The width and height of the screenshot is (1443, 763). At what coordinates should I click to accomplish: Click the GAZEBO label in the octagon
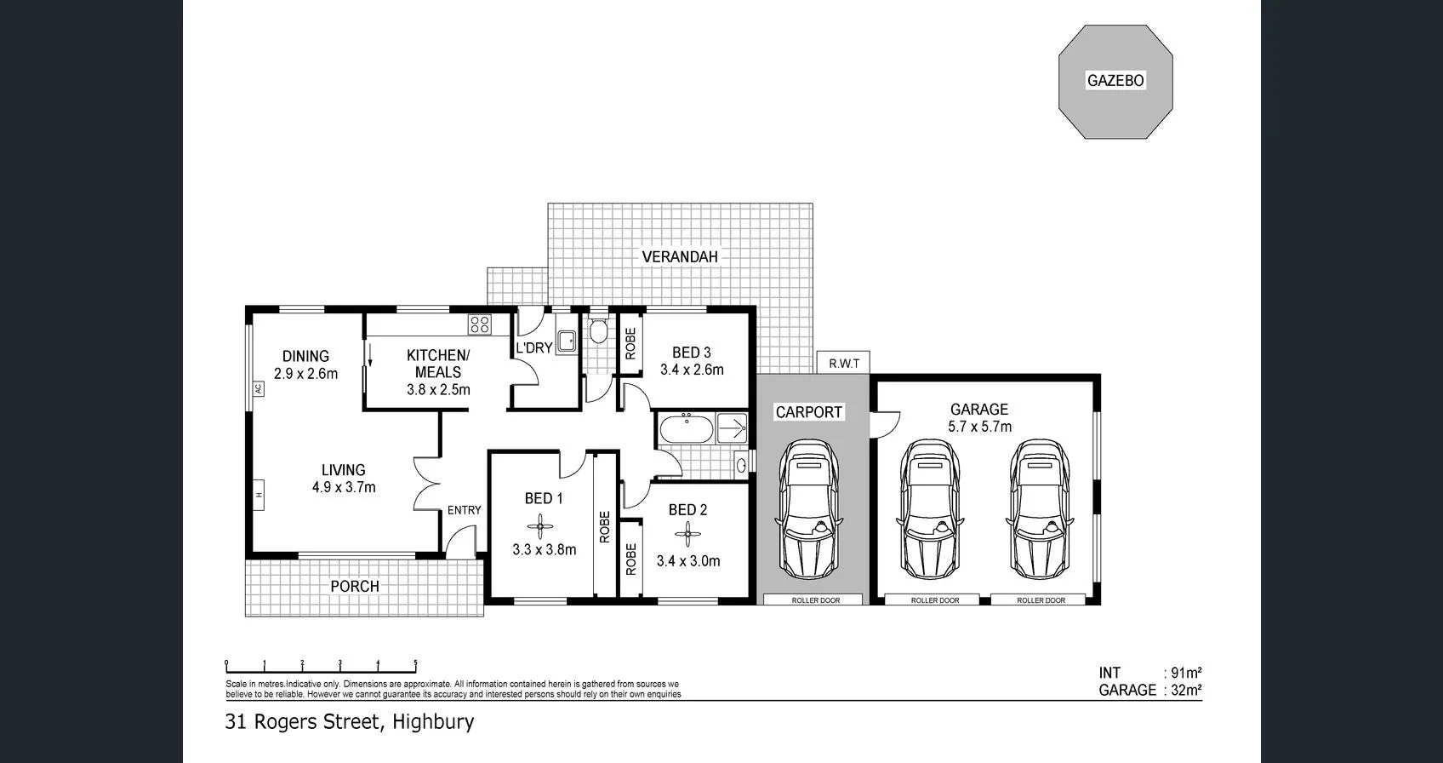tap(1115, 81)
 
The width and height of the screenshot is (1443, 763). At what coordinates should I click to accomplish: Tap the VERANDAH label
tap(679, 256)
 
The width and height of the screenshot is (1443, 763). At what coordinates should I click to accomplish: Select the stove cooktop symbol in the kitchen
tap(480, 324)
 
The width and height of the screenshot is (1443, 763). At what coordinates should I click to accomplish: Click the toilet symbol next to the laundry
tap(598, 330)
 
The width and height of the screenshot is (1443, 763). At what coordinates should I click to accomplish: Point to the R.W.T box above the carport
tap(844, 364)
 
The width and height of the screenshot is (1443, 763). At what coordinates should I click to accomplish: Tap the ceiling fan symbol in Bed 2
tap(687, 536)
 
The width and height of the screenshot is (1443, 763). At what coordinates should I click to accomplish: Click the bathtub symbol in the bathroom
tap(686, 428)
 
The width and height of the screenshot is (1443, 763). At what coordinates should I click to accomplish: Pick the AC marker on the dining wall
tap(258, 388)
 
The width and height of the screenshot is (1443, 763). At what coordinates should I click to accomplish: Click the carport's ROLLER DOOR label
tap(815, 600)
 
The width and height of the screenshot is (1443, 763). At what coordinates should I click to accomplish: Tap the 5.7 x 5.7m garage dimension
tap(979, 427)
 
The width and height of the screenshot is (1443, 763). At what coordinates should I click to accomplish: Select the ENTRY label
tap(464, 510)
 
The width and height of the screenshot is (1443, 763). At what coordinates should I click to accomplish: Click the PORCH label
tap(355, 586)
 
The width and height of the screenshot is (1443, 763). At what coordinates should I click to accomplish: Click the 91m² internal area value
tap(1186, 673)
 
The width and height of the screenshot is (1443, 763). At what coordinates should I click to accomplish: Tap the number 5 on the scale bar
tap(415, 663)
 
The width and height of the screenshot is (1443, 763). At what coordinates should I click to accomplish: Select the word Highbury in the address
tap(435, 722)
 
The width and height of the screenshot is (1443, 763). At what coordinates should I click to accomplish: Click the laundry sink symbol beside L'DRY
tap(567, 341)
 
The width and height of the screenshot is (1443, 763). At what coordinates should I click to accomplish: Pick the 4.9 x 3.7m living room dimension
tap(343, 487)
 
